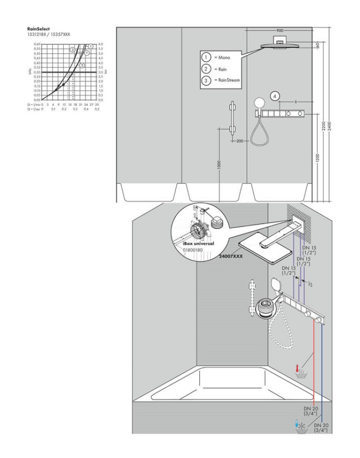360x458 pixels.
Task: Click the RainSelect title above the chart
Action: [38, 29]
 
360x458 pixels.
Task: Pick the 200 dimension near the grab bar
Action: [240, 141]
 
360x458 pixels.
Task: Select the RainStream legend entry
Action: [226, 80]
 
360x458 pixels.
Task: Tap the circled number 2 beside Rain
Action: [206, 69]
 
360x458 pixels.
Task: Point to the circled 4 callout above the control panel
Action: [275, 96]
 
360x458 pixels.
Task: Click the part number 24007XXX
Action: [230, 257]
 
